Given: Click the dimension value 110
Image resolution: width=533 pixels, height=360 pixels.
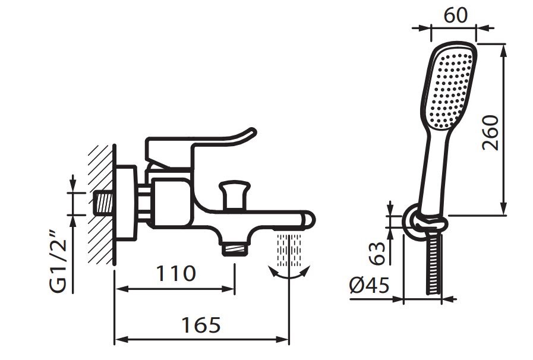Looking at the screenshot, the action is click(176, 274).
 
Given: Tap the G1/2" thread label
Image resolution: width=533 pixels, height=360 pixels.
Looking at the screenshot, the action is click(58, 261).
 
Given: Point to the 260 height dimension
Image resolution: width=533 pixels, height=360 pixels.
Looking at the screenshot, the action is click(490, 132).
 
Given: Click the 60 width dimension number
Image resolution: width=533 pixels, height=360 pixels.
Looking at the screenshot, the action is click(455, 15).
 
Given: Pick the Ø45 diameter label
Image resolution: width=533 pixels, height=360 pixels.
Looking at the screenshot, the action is click(370, 285).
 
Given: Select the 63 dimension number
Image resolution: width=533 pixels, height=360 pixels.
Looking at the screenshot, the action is click(377, 253).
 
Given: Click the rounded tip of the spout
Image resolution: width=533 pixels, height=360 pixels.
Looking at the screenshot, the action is click(308, 220).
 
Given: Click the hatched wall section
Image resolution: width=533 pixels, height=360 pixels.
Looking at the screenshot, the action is click(100, 204).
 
